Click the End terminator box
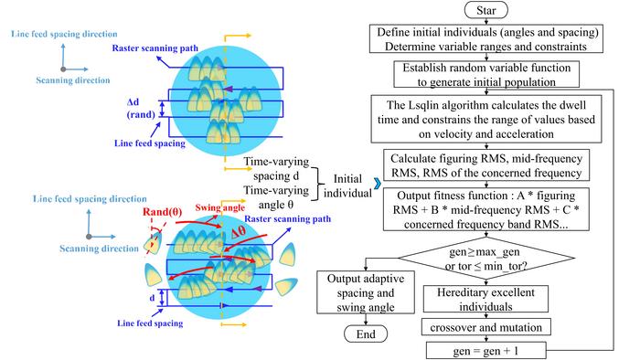tap(365, 334)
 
